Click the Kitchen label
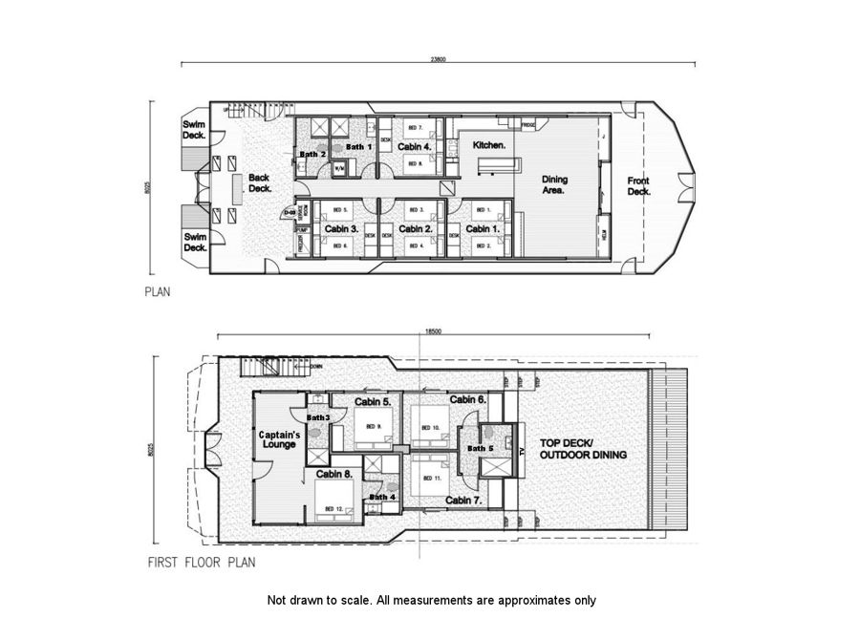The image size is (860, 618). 488,144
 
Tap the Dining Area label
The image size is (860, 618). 554,184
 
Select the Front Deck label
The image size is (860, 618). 638,186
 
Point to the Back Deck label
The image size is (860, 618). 259,182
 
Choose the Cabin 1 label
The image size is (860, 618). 484,229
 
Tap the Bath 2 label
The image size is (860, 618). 313,154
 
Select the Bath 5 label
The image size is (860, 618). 480,449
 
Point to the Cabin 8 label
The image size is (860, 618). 334,474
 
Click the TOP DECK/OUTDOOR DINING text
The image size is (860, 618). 583,449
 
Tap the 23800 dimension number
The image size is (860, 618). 437,59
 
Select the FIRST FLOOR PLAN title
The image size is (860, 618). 201,563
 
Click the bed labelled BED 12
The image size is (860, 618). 334,508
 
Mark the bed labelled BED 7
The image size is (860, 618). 415,127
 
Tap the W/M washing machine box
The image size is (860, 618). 338,169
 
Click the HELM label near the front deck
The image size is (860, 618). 603,232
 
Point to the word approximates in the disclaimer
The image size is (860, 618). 529,601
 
